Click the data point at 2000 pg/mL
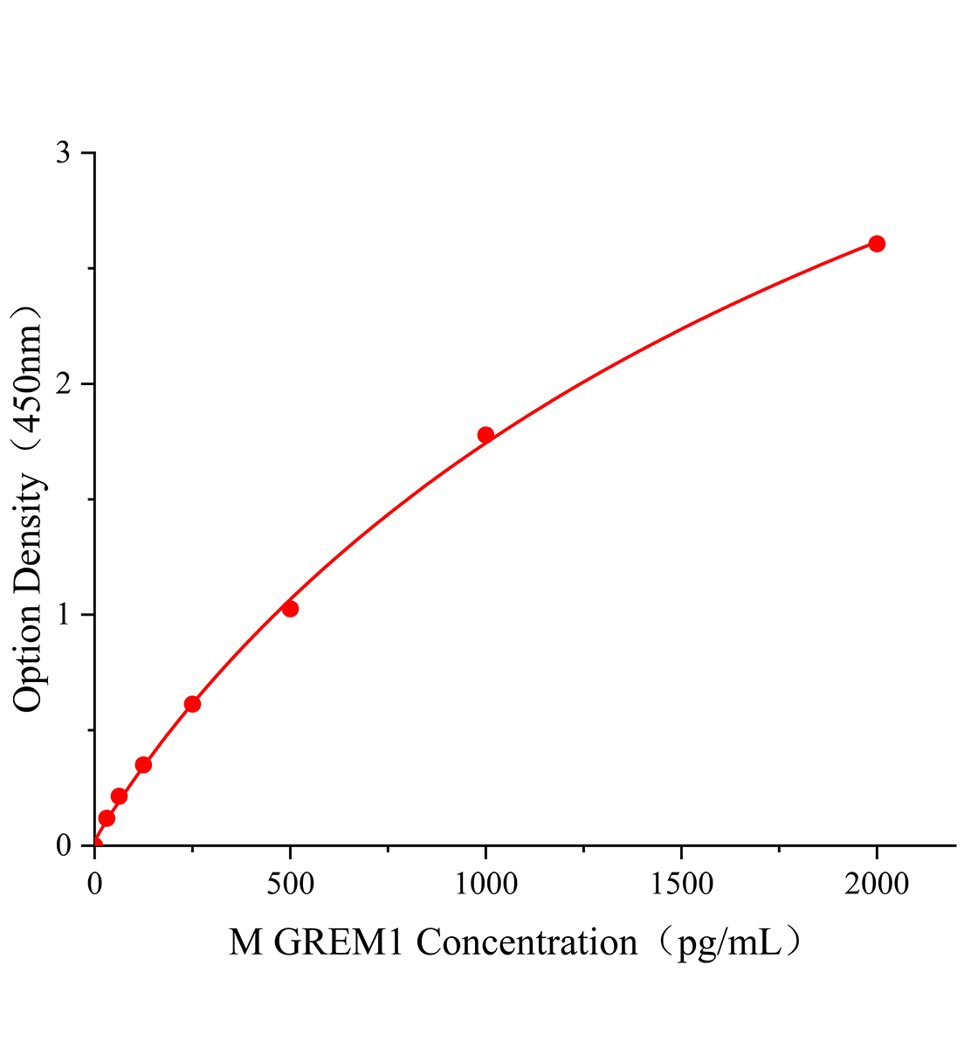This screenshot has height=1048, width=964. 877,244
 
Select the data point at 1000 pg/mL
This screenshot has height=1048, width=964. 485,435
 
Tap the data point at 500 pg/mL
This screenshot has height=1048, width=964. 290,609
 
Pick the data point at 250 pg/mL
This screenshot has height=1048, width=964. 192,704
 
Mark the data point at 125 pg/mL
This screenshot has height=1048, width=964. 143,765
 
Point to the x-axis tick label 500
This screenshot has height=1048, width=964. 290,885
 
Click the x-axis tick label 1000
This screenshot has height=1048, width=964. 485,885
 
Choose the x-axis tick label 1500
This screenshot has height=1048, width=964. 681,885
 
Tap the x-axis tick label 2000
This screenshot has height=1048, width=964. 877,885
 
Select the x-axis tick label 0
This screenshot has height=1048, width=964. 94,885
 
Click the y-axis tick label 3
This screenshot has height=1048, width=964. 63,154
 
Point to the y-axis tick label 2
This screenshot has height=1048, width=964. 63,384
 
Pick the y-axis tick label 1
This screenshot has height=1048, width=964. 63,615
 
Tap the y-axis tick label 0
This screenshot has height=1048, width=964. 63,845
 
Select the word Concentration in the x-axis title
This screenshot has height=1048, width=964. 527,943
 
